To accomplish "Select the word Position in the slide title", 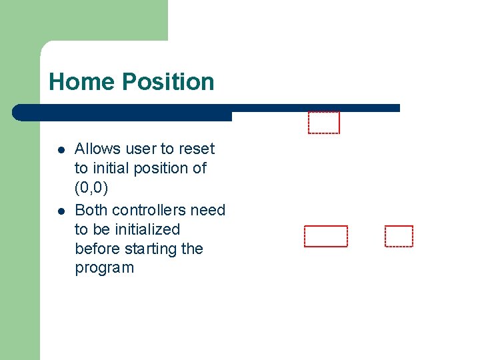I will pos(168,82).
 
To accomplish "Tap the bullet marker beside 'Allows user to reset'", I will pos(61,149).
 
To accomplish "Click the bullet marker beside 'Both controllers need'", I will pos(61,211).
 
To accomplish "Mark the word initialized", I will pos(147,229).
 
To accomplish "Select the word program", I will pos(104,268).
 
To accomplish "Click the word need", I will pos(208,210).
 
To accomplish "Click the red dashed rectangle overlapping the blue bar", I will pos(324,123).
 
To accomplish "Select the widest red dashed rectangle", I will pos(326,237).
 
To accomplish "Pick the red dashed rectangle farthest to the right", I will pos(399,237).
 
